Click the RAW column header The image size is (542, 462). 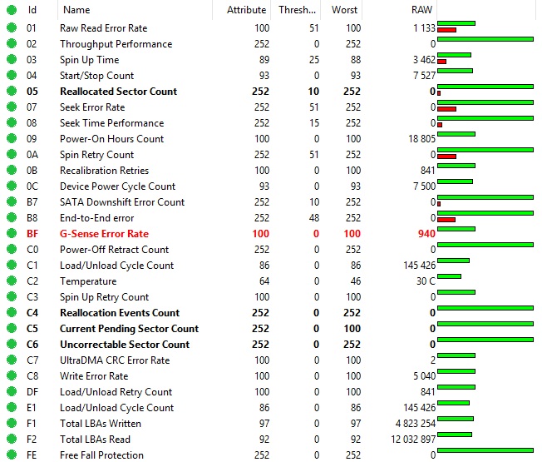[421, 10]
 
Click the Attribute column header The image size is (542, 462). [247, 10]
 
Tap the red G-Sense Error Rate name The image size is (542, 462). [104, 234]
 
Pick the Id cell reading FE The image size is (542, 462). [32, 455]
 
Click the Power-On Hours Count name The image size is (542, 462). [111, 139]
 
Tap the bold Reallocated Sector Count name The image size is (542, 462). [118, 92]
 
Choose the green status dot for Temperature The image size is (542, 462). [12, 281]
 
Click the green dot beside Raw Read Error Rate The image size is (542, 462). [12, 28]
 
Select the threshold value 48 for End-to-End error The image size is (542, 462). [313, 218]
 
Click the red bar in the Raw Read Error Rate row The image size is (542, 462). [446, 30]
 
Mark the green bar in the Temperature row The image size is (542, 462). [449, 276]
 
